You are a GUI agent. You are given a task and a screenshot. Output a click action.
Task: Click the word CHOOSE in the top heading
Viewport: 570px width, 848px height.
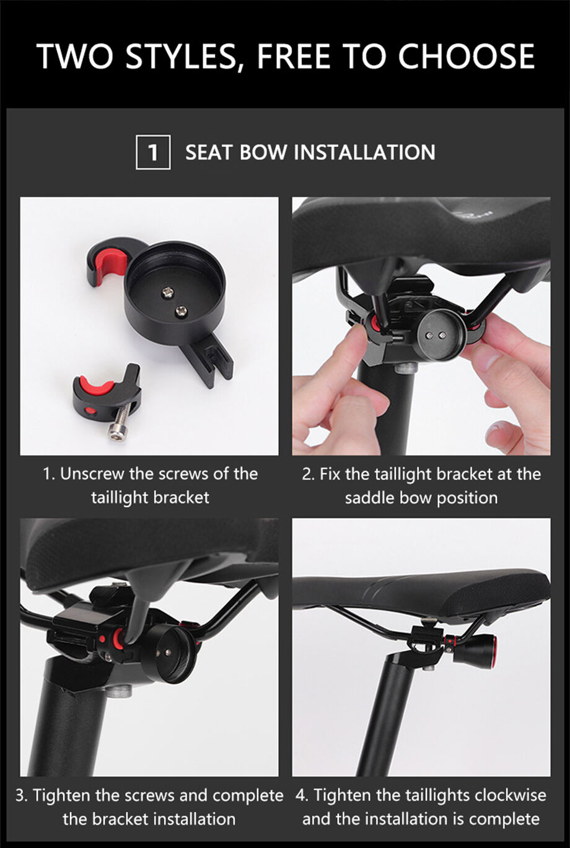[466, 56]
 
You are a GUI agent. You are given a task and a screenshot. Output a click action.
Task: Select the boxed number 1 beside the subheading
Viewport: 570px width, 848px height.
[153, 152]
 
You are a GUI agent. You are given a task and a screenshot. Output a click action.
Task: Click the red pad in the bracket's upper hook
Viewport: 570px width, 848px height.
[109, 265]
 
